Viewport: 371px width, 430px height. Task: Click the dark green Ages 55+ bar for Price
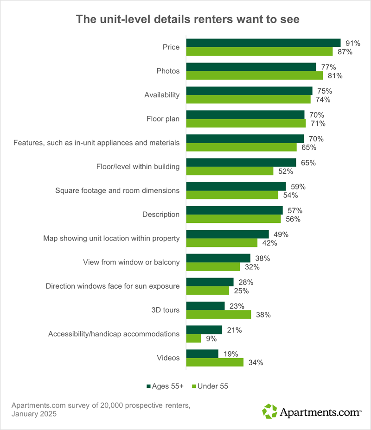(263, 43)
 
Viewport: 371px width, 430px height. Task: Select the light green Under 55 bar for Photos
(255, 76)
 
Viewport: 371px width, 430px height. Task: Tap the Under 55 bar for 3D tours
(218, 315)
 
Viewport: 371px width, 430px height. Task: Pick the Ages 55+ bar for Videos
(202, 354)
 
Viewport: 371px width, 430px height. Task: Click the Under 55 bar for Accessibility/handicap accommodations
(193, 339)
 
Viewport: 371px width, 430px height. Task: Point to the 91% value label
(353, 43)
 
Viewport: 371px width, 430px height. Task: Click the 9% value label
(212, 339)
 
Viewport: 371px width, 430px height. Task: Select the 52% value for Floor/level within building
(286, 171)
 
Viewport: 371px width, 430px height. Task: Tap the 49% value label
(281, 234)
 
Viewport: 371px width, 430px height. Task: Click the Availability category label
(162, 95)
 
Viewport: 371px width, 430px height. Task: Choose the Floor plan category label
(163, 119)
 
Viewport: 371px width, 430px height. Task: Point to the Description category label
(161, 215)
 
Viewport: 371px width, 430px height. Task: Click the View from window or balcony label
(131, 262)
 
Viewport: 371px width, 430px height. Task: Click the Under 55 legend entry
(211, 386)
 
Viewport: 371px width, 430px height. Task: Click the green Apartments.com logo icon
(269, 411)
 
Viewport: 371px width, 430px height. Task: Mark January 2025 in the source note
(34, 414)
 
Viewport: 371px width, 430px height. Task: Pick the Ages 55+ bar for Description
(234, 210)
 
